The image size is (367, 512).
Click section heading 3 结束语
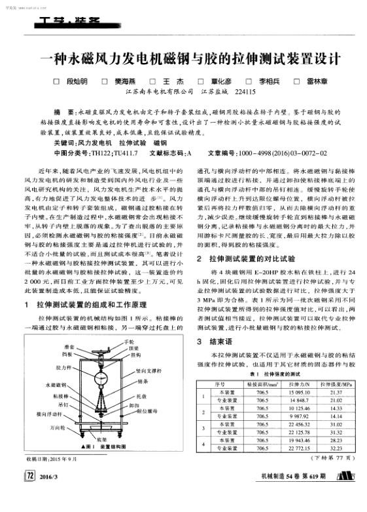(221, 342)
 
